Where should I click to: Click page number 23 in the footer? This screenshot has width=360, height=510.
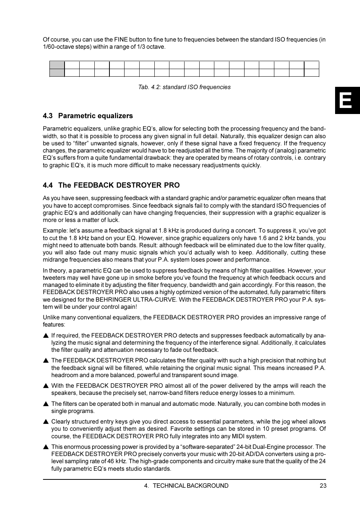pos(323,486)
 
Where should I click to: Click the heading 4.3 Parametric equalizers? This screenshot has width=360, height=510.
pos(88,116)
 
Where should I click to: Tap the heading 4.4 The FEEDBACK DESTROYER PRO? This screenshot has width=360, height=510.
pos(111,185)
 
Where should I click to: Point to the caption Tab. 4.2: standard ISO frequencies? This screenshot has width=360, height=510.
pos(184,87)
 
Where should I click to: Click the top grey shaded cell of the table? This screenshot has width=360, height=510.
pos(57,65)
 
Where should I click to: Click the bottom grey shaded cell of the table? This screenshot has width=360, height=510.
pos(57,72)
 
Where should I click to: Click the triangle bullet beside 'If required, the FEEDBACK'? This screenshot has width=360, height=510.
pos(46,336)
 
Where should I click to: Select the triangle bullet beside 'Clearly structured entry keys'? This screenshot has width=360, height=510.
pos(46,422)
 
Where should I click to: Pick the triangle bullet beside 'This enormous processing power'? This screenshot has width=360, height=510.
pos(46,447)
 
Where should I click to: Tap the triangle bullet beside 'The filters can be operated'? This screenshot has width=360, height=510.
pos(46,404)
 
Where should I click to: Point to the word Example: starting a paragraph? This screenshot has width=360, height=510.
pos(55,231)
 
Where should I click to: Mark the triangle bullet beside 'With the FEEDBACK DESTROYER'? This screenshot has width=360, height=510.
pos(46,386)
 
